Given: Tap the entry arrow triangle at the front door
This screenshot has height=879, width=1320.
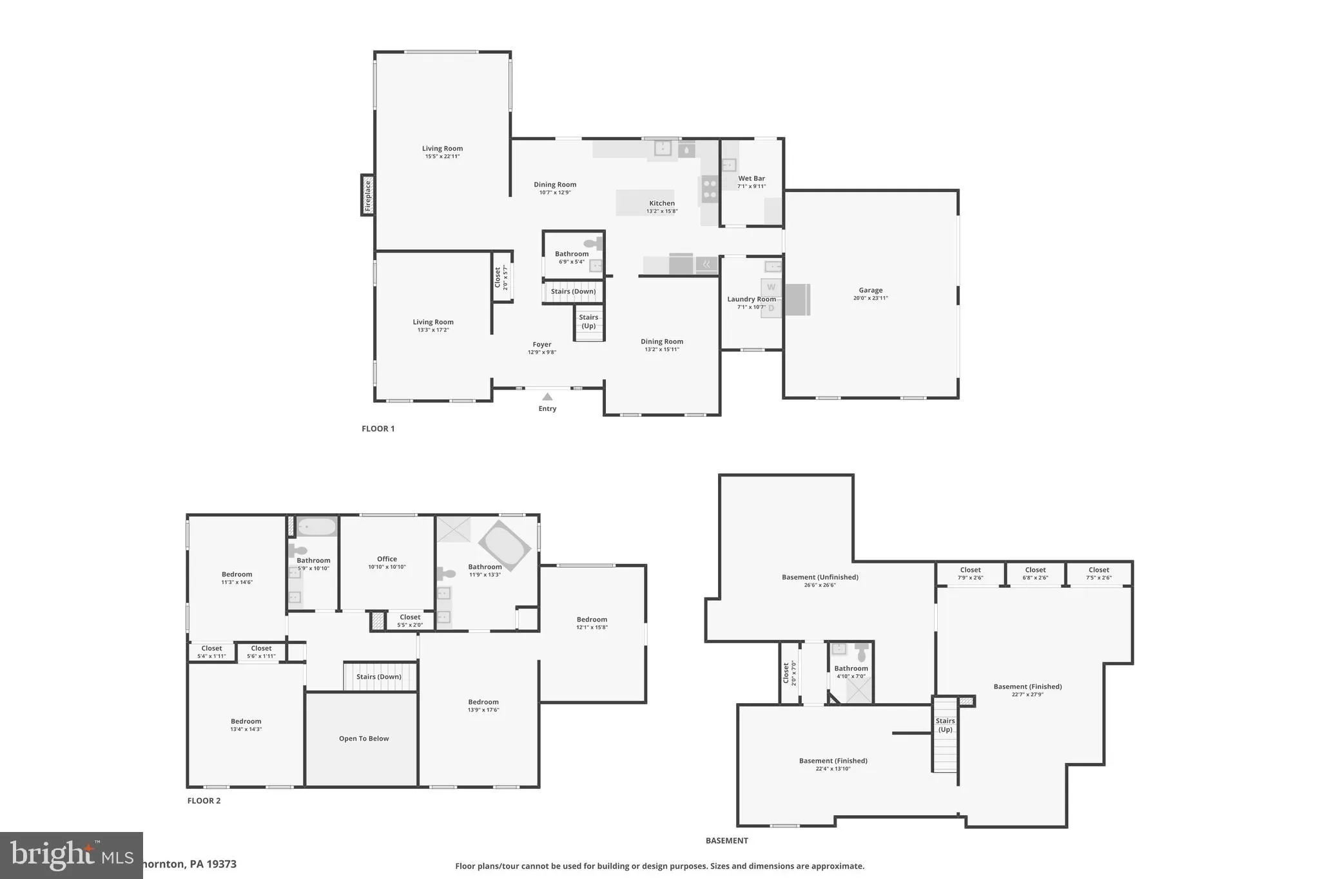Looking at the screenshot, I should tap(547, 397).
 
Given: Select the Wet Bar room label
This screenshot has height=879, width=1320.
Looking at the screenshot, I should tap(752, 178).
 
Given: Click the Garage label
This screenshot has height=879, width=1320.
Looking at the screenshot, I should tap(870, 290).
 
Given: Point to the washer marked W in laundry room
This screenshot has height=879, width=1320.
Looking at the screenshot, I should tap(771, 287).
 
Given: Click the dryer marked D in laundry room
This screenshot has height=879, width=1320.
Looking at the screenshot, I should tap(771, 308).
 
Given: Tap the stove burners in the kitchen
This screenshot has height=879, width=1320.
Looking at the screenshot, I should tap(710, 190).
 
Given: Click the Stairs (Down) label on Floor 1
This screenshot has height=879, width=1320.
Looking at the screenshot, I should tap(573, 292).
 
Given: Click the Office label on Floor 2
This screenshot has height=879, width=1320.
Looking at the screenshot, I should tap(387, 559).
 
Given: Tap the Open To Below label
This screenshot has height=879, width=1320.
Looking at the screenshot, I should tap(364, 739).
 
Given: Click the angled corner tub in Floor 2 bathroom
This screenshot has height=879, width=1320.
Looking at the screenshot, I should tap(505, 545).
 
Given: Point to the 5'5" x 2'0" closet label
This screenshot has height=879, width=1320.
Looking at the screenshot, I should tap(410, 625).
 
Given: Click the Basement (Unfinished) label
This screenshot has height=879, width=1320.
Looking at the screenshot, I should tap(820, 577).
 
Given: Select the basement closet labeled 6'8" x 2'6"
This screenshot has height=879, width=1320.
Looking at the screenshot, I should tap(1035, 573).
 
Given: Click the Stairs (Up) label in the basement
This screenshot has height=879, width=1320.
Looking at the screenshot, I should tap(945, 725).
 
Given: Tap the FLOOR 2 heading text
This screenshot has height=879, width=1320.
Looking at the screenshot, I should tap(204, 800).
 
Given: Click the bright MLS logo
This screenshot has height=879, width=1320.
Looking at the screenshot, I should tap(70, 855).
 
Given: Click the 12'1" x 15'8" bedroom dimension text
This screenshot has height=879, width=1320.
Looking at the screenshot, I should tap(592, 627).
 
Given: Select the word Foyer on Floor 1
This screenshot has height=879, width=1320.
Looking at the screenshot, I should tap(541, 345).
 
